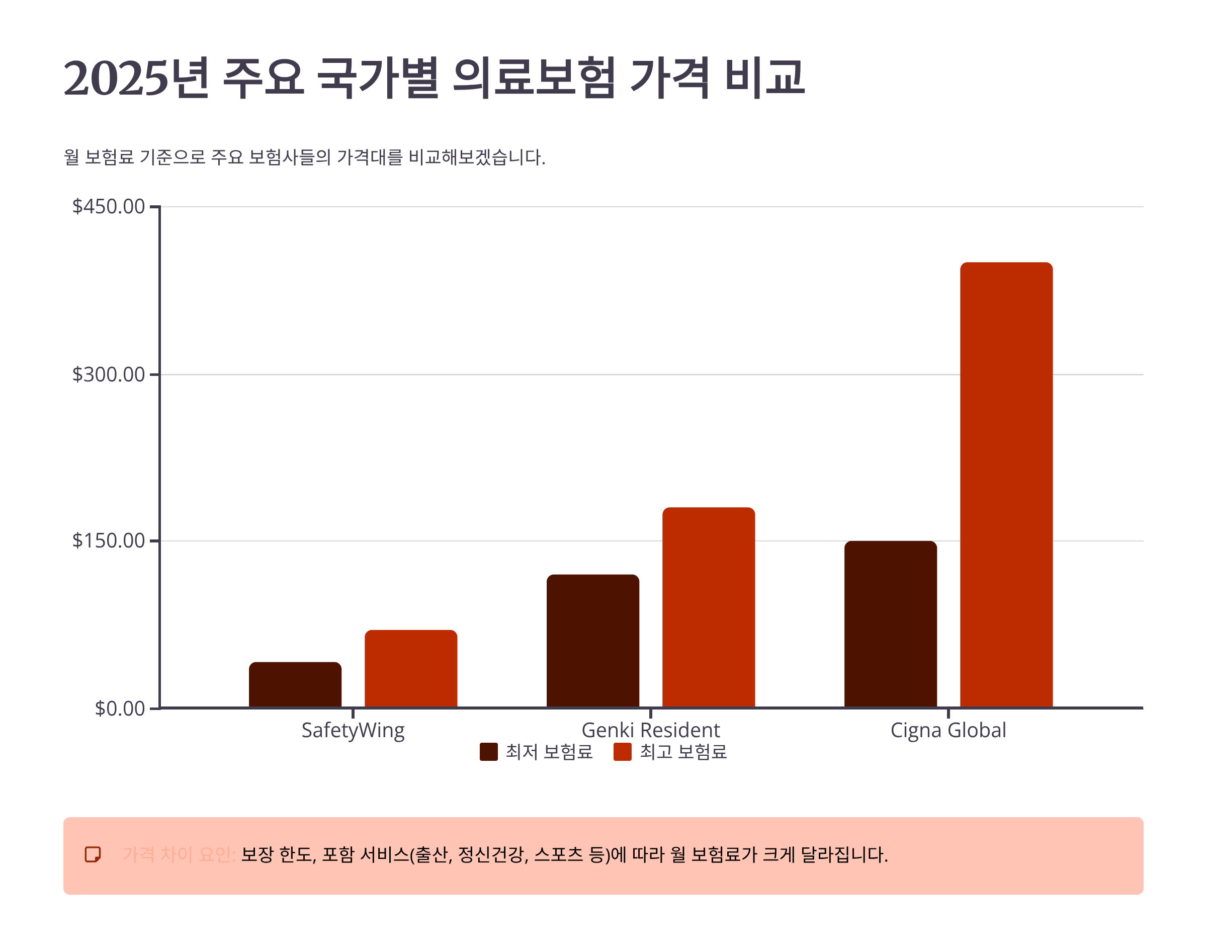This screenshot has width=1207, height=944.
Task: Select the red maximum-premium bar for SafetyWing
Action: (410, 669)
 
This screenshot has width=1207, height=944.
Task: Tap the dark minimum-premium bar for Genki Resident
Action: (592, 641)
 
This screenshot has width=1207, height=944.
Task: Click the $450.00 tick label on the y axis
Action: (108, 206)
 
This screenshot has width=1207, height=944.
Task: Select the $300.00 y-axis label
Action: (108, 374)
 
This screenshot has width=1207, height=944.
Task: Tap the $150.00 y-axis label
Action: (108, 540)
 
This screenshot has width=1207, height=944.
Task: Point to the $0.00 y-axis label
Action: (119, 709)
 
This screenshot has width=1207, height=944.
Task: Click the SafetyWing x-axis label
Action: (353, 731)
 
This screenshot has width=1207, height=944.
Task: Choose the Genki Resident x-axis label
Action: (650, 731)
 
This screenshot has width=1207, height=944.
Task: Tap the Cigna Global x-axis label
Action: (948, 731)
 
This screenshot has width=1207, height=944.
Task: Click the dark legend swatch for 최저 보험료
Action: (488, 752)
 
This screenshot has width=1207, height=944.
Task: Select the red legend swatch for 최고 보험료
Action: (622, 752)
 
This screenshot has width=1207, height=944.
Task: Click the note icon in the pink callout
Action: (93, 854)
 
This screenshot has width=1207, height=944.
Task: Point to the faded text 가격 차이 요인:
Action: (179, 855)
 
